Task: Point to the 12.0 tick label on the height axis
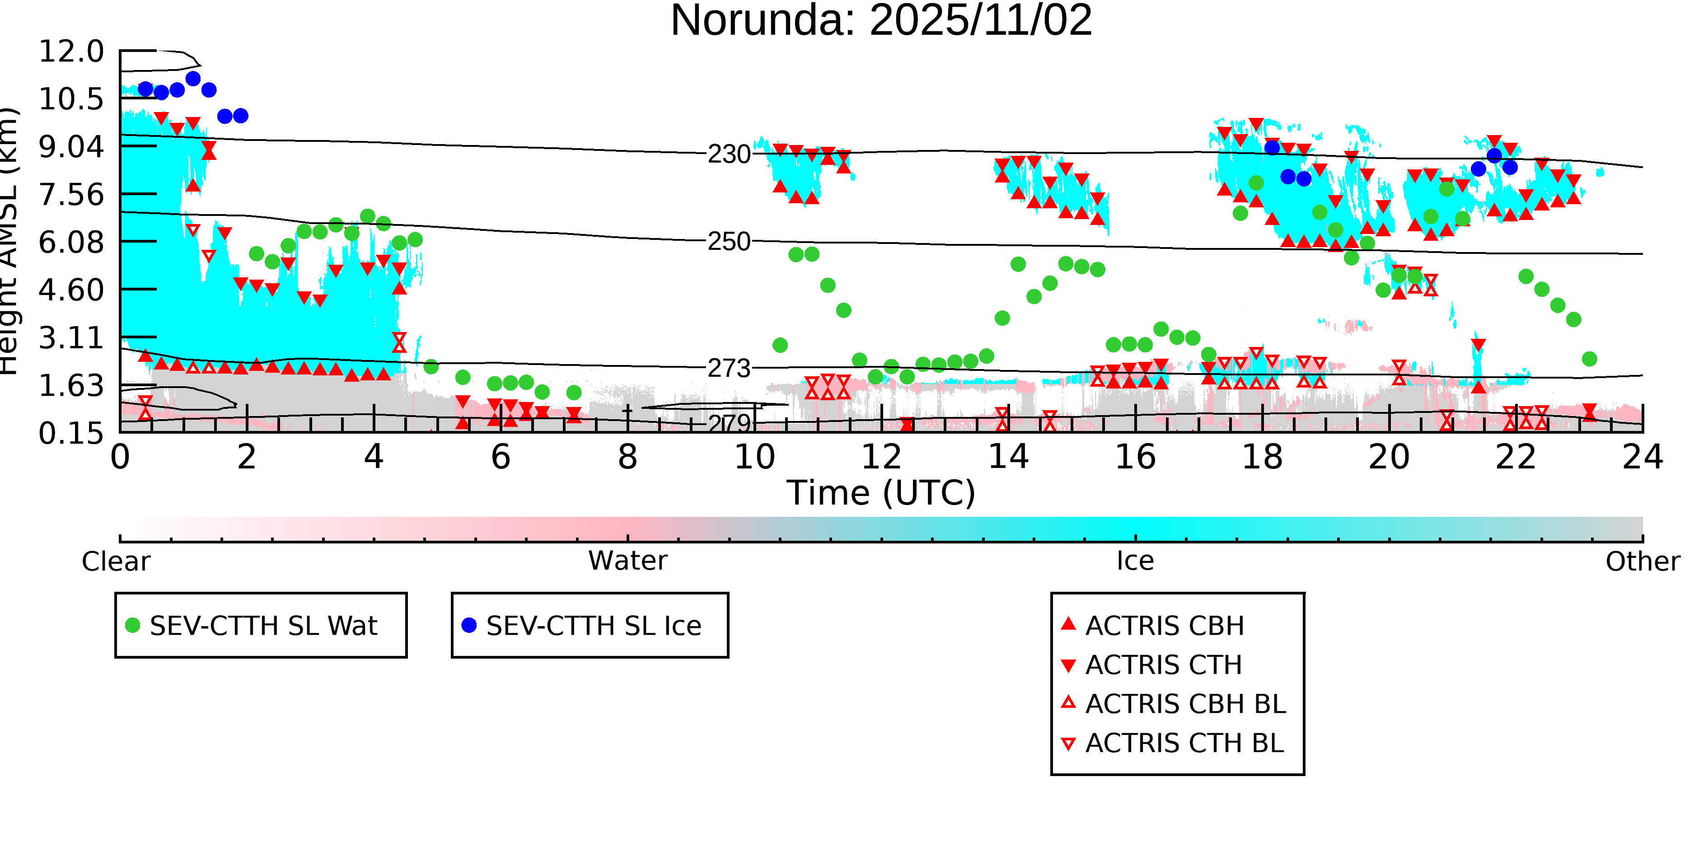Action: coord(71,52)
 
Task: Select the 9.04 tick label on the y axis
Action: coord(71,147)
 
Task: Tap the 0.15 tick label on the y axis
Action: coord(71,433)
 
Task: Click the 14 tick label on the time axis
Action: coord(1008,457)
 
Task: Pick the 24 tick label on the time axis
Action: coord(1642,457)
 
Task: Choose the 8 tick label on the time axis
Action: coord(627,457)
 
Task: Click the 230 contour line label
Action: coord(729,154)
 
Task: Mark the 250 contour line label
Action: coord(729,242)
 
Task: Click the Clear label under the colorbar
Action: coord(116,562)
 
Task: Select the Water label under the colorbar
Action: coord(627,561)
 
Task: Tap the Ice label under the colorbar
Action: coord(1135,561)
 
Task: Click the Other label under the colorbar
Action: coord(1642,562)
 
